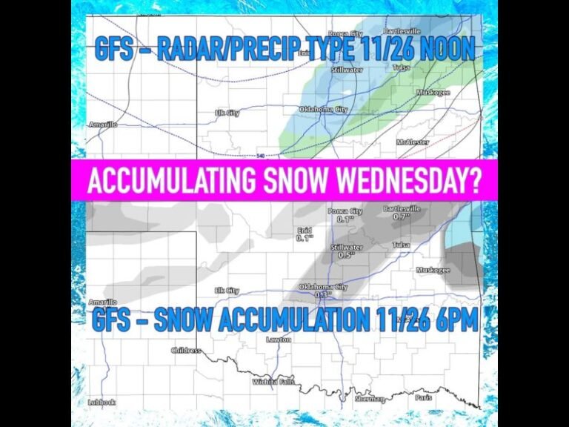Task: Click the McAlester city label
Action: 413,141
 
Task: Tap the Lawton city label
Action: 279,340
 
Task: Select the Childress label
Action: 186,350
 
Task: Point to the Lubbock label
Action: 100,402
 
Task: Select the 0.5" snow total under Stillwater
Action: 345,254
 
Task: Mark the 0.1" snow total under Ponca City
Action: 342,219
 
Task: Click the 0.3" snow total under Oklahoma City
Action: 323,295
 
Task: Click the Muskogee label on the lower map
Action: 433,270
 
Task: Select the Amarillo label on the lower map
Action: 102,302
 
